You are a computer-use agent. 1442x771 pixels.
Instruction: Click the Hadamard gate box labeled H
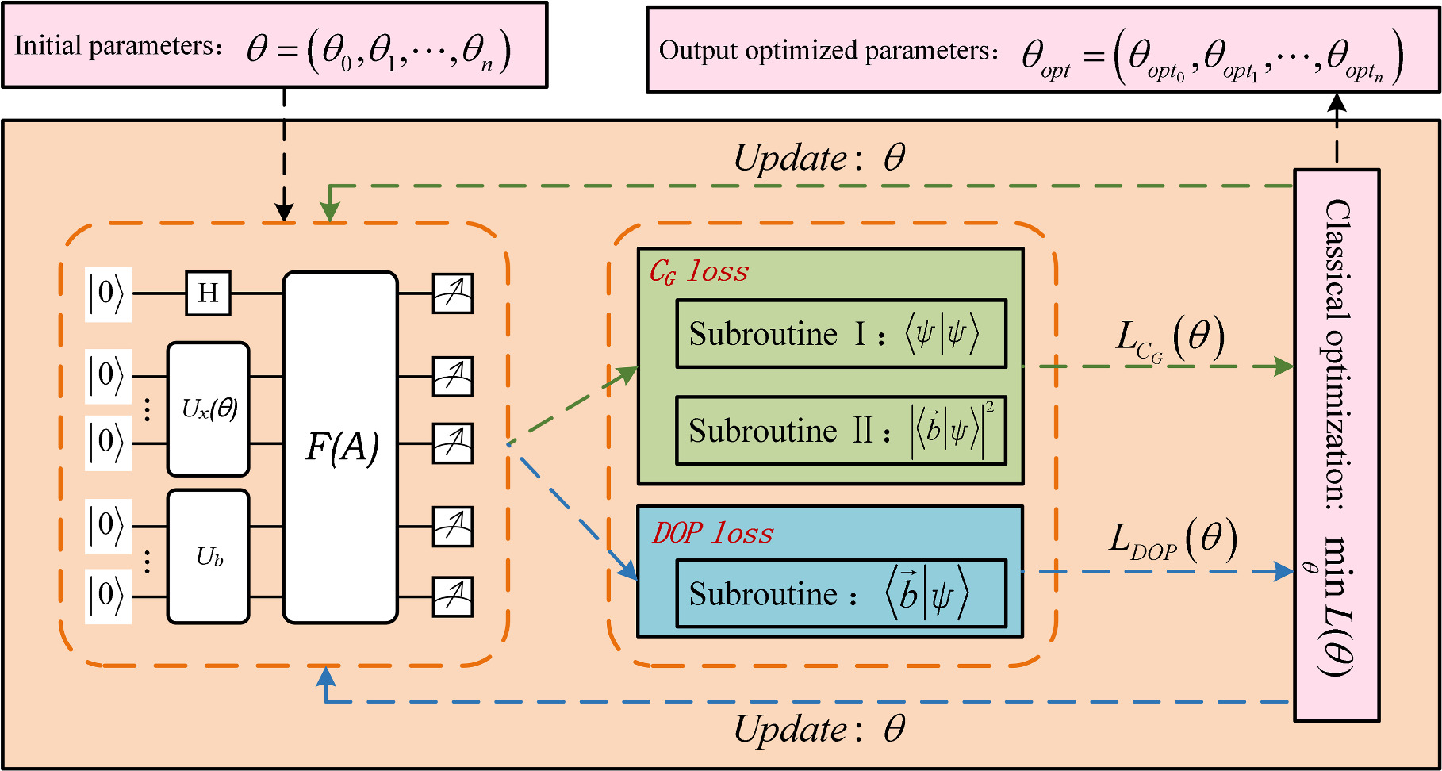click(x=208, y=293)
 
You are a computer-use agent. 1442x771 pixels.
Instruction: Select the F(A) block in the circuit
click(x=340, y=447)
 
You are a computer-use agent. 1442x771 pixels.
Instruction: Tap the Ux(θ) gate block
click(x=209, y=409)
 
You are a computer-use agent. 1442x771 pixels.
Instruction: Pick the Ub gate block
click(x=209, y=557)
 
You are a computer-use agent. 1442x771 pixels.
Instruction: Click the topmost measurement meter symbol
click(x=453, y=293)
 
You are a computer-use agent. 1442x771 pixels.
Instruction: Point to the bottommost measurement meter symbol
click(x=453, y=597)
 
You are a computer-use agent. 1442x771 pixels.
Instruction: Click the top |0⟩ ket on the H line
click(x=107, y=294)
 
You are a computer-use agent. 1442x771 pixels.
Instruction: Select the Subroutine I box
click(x=841, y=334)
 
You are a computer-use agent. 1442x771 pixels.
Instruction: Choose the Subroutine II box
click(x=841, y=431)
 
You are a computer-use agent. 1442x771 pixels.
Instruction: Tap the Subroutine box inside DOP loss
click(x=841, y=593)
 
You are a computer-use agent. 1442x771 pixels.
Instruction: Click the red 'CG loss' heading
click(x=699, y=272)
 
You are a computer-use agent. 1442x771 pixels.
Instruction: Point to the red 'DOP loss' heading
click(x=712, y=533)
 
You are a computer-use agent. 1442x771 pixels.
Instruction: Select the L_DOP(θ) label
click(x=1172, y=541)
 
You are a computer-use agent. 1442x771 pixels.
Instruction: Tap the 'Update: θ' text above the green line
click(x=819, y=158)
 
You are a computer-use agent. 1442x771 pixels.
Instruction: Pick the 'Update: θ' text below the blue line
click(x=819, y=729)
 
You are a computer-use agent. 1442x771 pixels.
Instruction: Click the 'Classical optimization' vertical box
click(x=1337, y=444)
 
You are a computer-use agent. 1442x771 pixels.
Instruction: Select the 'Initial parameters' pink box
click(x=274, y=45)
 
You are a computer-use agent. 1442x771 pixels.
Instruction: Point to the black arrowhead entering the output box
click(x=1337, y=102)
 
